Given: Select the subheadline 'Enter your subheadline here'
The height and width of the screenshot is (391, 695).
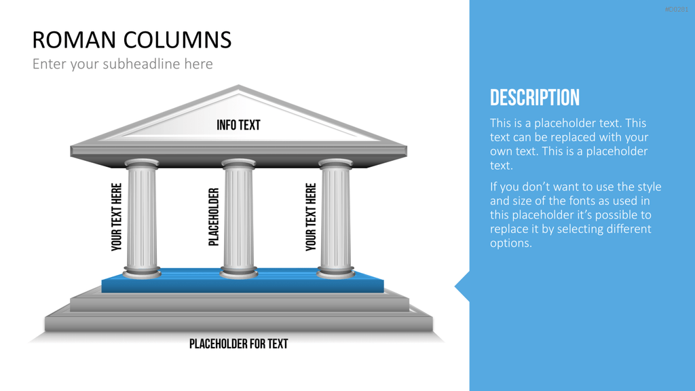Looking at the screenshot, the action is click(x=122, y=64).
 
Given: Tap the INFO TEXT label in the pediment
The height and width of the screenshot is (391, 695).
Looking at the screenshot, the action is click(x=238, y=125).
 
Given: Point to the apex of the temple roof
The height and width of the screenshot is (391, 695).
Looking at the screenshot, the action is click(x=238, y=86).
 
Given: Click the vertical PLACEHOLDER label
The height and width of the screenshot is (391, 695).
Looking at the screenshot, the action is click(x=214, y=217).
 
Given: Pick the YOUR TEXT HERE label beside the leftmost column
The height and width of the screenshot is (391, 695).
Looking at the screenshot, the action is click(x=116, y=217).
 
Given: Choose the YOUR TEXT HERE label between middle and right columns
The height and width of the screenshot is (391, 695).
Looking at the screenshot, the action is click(x=311, y=217).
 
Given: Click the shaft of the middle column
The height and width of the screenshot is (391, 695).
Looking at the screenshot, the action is click(x=238, y=217).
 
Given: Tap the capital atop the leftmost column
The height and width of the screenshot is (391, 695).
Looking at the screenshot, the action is click(x=142, y=164).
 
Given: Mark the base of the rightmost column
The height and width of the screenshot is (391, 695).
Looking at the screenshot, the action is click(x=335, y=272).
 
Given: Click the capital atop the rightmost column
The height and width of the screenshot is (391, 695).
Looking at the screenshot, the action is click(x=335, y=164).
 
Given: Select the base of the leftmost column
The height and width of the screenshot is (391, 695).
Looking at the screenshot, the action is click(x=142, y=272).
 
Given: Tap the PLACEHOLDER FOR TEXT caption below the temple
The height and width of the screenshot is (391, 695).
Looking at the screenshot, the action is click(x=238, y=343).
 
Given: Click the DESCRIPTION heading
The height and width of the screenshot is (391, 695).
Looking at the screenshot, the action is click(x=535, y=98).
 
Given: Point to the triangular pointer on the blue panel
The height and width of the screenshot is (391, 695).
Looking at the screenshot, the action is click(x=462, y=286).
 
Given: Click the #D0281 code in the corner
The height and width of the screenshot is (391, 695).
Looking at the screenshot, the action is click(x=677, y=10).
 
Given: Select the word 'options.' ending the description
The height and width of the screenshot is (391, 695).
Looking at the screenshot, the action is click(x=510, y=244).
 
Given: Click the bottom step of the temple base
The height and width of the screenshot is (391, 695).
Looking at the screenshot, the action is click(x=238, y=324).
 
